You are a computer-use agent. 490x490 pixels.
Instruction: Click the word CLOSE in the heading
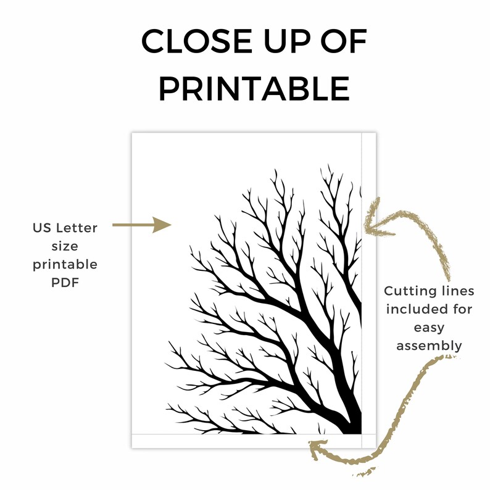tap(197, 41)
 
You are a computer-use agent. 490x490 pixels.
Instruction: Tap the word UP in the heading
tap(288, 41)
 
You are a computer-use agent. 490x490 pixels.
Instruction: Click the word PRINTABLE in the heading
tap(254, 88)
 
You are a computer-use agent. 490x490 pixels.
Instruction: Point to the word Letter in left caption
tap(77, 228)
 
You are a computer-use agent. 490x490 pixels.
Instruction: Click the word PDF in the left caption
tap(65, 283)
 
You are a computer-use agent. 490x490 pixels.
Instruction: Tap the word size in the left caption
tap(65, 246)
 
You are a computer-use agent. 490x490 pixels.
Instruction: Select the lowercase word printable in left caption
tap(65, 265)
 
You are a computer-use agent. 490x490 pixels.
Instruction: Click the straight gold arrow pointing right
tap(142, 225)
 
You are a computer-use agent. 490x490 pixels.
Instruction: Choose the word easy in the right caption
tap(429, 328)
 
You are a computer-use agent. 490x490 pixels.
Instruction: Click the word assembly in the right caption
tap(429, 346)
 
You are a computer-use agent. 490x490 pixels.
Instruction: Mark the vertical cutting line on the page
tap(362, 290)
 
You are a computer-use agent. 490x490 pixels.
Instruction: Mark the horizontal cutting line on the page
tap(254, 434)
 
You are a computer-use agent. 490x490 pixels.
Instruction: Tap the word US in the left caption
tap(42, 228)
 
